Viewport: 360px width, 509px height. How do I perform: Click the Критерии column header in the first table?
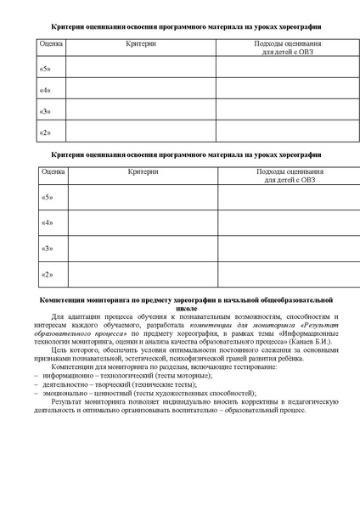pyautogui.click(x=139, y=42)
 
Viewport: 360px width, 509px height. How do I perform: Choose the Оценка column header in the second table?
pyautogui.click(x=53, y=172)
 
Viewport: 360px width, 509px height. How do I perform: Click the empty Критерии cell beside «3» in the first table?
pyautogui.click(x=139, y=110)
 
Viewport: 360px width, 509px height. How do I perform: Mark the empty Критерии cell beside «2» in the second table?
pyautogui.click(x=142, y=274)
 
